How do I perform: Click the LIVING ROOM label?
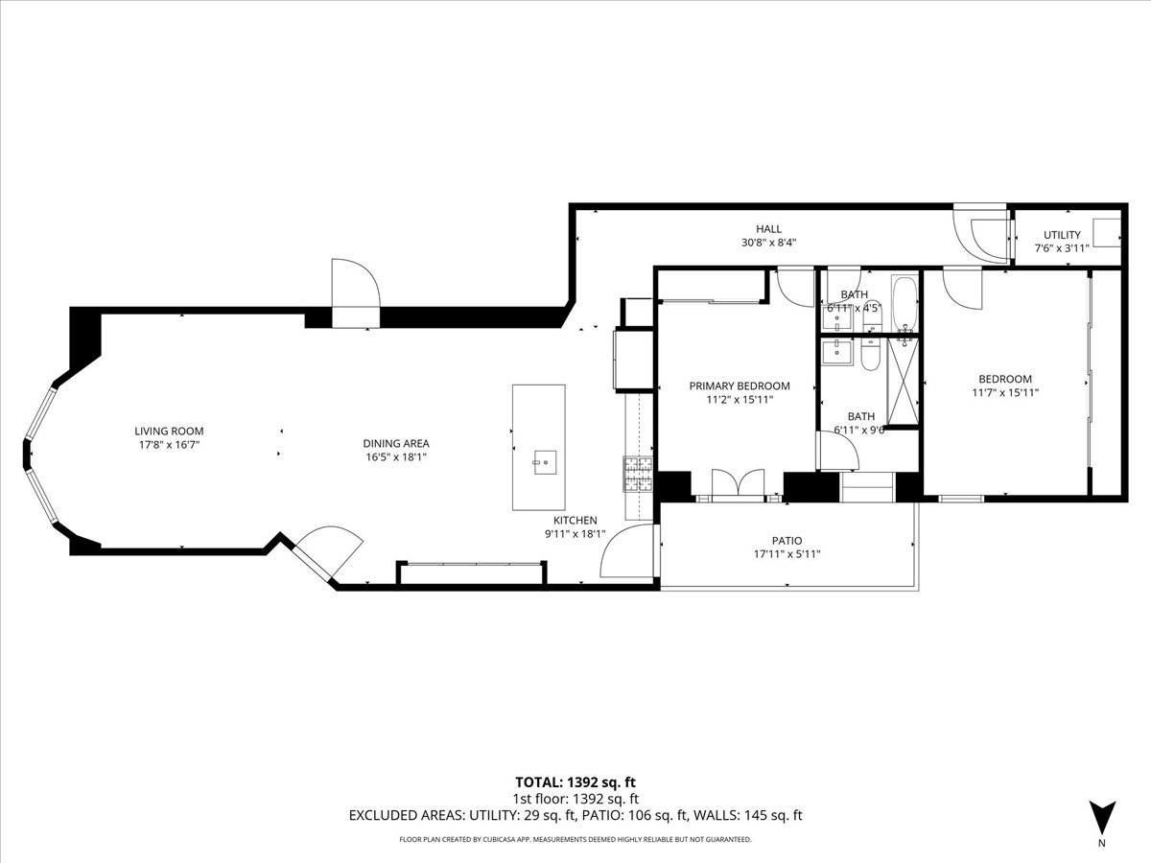[169, 431]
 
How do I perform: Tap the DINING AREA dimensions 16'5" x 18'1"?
[396, 457]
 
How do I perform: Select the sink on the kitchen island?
[544, 462]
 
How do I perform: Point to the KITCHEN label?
[575, 521]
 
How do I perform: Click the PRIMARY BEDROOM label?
[739, 385]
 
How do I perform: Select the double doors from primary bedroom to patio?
[739, 484]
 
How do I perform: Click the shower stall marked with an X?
[903, 381]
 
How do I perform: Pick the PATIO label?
[787, 541]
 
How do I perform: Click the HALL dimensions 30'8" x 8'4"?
[768, 243]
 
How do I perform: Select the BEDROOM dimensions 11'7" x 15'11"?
[1004, 392]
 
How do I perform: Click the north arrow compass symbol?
[1102, 818]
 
